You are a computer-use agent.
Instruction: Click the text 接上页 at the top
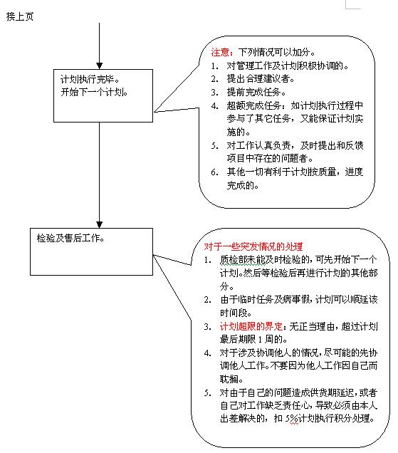click(x=20, y=16)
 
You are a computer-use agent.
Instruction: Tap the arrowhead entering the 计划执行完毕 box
click(x=100, y=66)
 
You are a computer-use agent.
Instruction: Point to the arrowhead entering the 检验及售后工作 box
click(x=100, y=225)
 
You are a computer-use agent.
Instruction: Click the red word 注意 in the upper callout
click(x=221, y=52)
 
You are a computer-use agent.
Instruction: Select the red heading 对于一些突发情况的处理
click(x=253, y=246)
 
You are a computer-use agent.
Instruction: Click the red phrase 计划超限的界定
click(x=251, y=326)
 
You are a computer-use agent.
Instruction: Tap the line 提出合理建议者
click(x=261, y=78)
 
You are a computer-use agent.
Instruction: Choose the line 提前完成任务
click(x=256, y=92)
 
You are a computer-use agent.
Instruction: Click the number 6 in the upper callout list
click(x=214, y=172)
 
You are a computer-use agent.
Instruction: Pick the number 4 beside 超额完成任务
click(x=214, y=106)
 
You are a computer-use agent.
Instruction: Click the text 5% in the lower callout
click(x=292, y=419)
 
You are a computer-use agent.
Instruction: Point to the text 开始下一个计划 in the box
click(x=94, y=92)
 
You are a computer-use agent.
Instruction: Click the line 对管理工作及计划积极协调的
click(x=288, y=66)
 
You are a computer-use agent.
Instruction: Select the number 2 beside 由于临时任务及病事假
click(x=207, y=300)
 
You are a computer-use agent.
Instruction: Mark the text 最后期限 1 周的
click(x=253, y=339)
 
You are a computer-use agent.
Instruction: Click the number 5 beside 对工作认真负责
click(x=214, y=146)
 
